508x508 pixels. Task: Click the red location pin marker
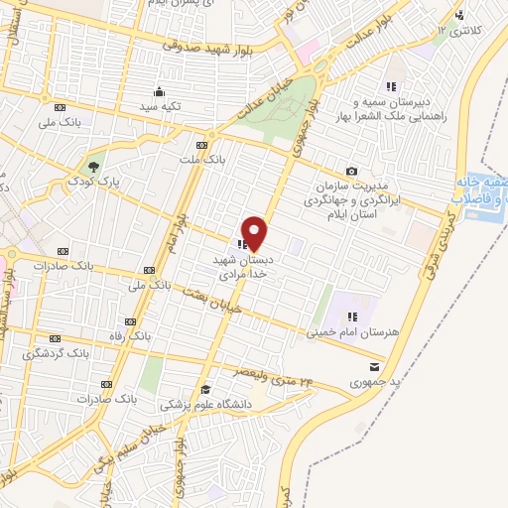pos(255,233)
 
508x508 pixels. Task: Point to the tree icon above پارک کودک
pos(94,166)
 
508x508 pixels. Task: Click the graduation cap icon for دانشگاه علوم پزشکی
pos(205,389)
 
